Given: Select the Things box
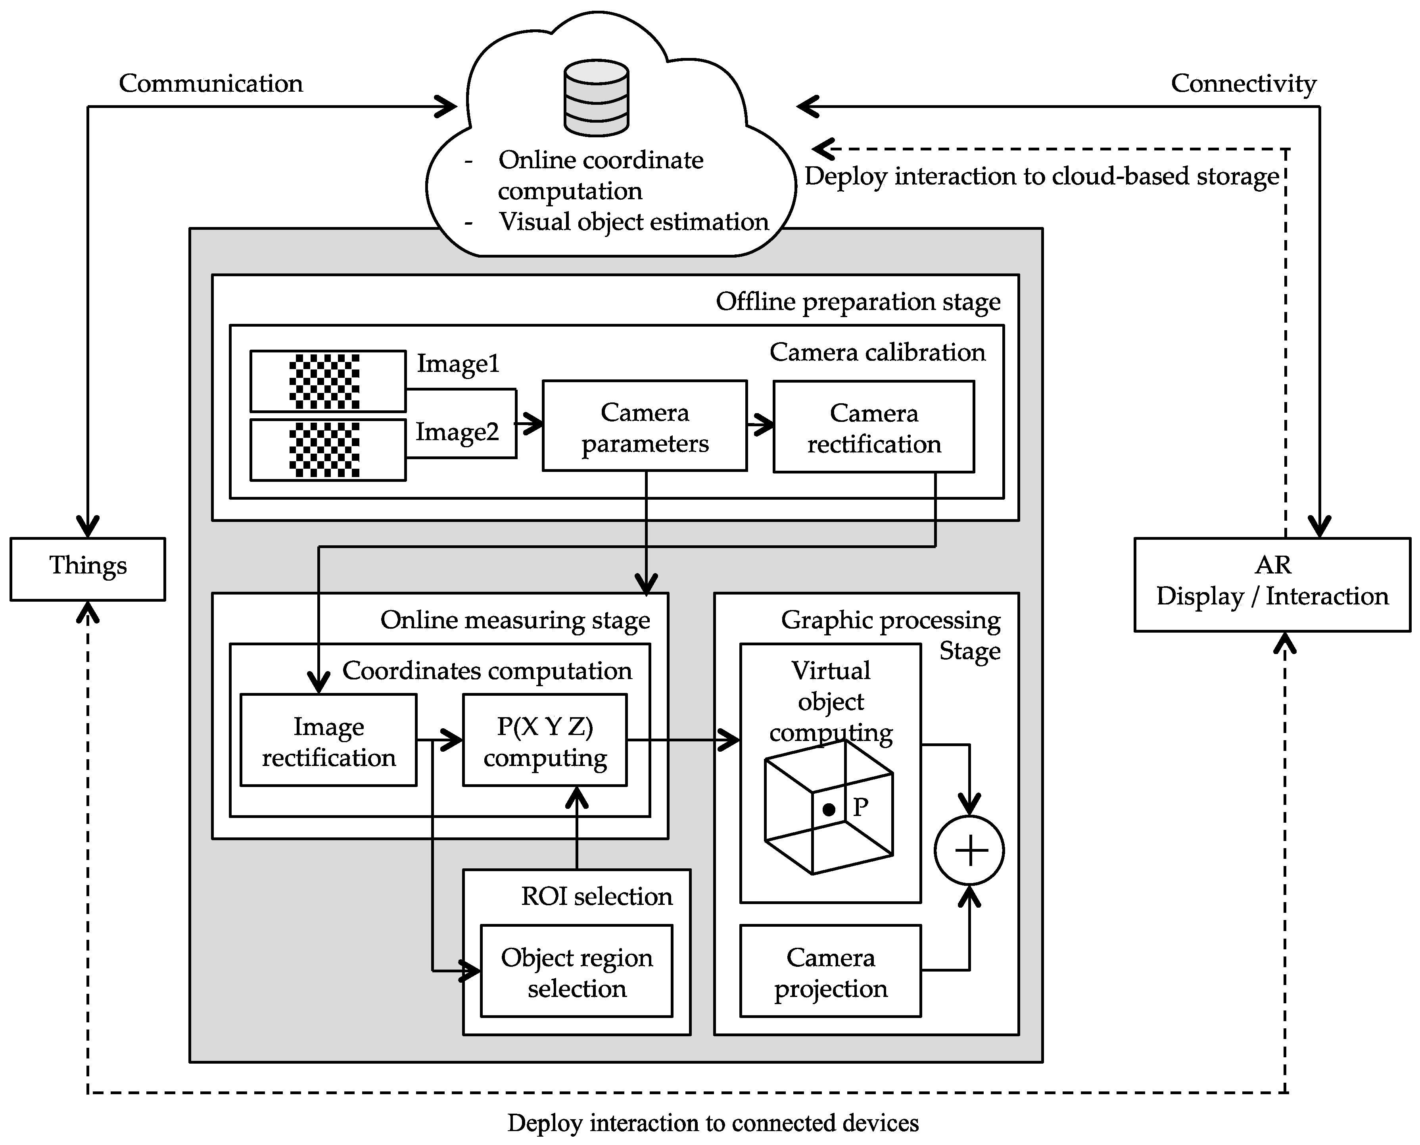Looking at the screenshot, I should coord(88,569).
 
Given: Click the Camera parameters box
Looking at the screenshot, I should coord(644,426).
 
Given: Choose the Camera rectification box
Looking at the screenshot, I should coord(873,427).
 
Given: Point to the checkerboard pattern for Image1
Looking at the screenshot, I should coord(324,381).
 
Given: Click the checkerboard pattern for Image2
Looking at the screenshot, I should coord(324,450).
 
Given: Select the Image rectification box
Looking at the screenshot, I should coord(328,740).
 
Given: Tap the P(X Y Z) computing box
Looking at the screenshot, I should coord(545,740).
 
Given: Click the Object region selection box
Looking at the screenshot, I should coord(576,971).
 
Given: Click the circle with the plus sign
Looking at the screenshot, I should coord(969,850).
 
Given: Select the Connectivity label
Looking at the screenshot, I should coord(1243,84).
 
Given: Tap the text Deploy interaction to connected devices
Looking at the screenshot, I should coord(713,1122).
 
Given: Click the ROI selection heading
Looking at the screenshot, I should coord(597,896).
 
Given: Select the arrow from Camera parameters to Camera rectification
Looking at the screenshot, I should coord(760,424).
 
